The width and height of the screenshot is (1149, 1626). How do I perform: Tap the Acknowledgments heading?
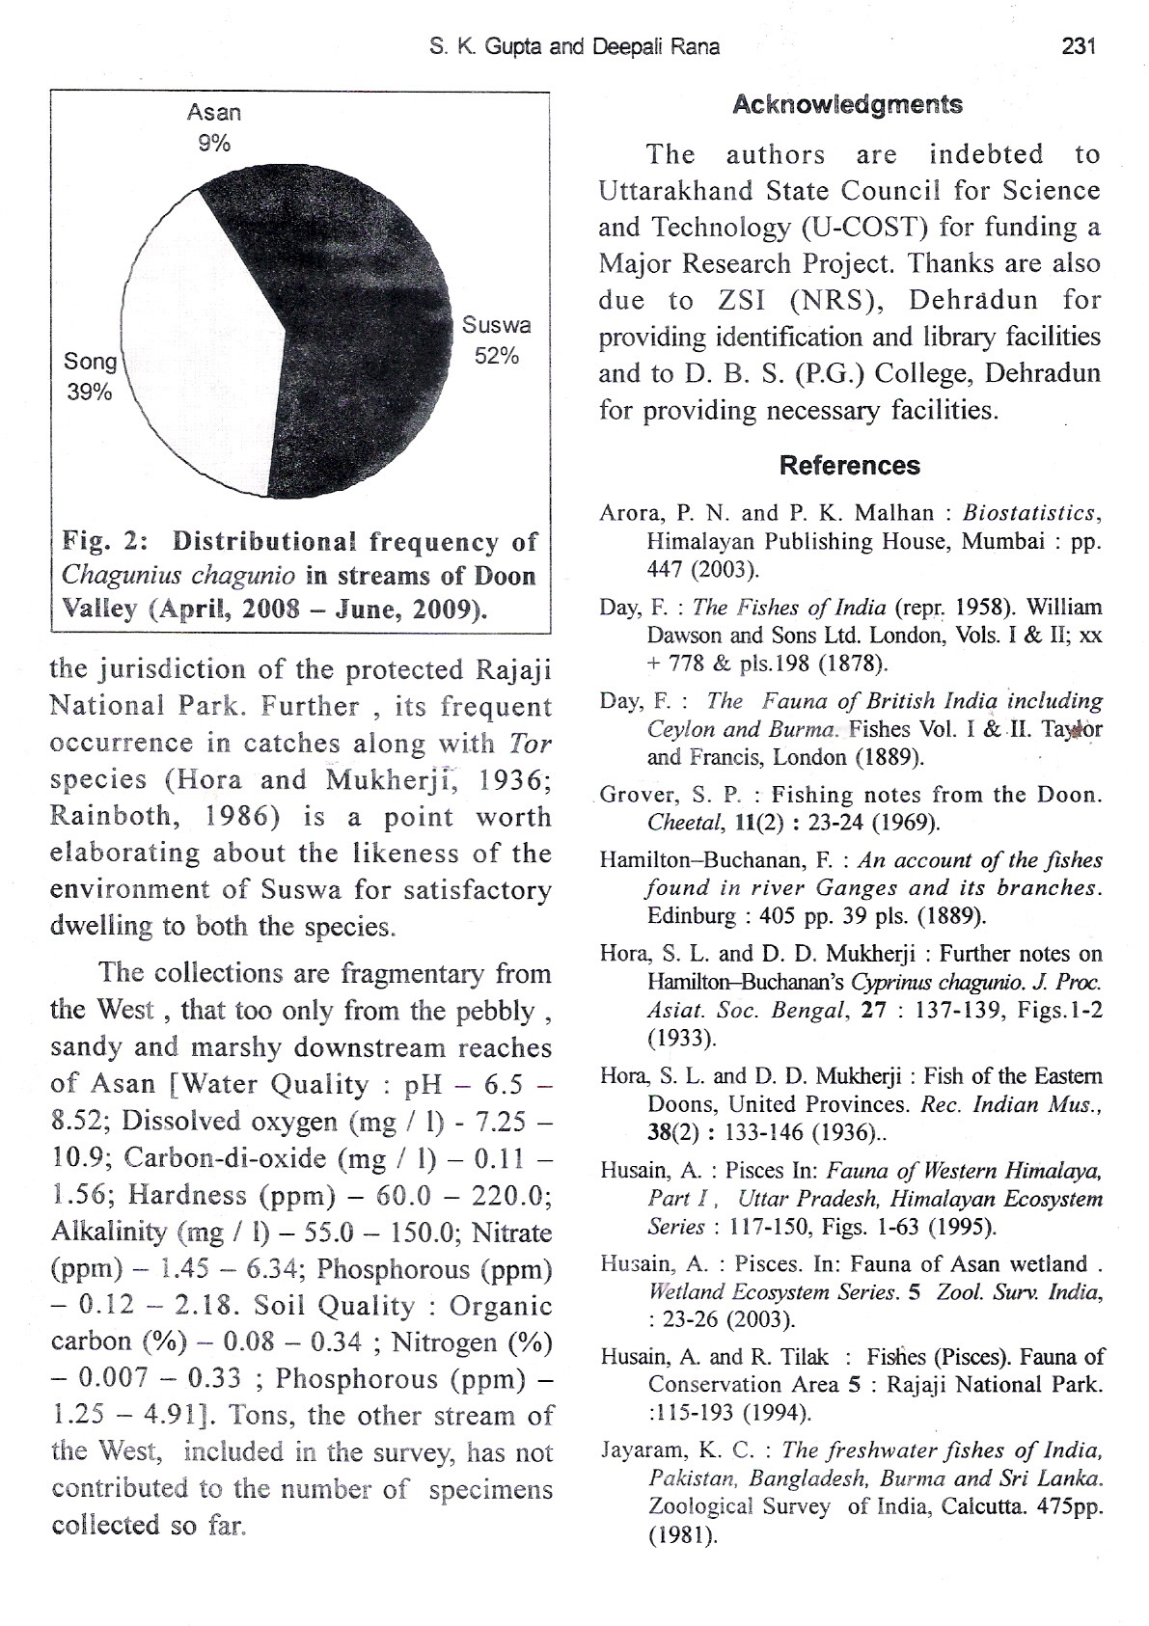tap(848, 105)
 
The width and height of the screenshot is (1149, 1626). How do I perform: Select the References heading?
tap(849, 466)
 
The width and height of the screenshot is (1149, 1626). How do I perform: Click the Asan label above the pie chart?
tap(214, 113)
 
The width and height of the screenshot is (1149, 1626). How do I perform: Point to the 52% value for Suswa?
tap(497, 356)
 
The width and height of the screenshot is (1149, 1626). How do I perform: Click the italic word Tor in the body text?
tap(529, 744)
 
